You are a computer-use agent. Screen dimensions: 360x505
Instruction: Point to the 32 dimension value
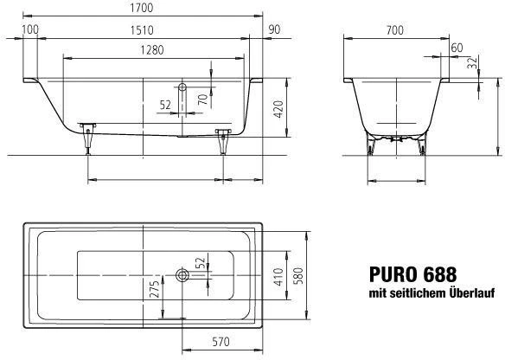472,62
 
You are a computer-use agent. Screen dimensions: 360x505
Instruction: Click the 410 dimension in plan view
278,277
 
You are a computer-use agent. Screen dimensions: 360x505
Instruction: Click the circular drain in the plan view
182,276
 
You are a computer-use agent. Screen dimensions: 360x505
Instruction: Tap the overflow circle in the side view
182,87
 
